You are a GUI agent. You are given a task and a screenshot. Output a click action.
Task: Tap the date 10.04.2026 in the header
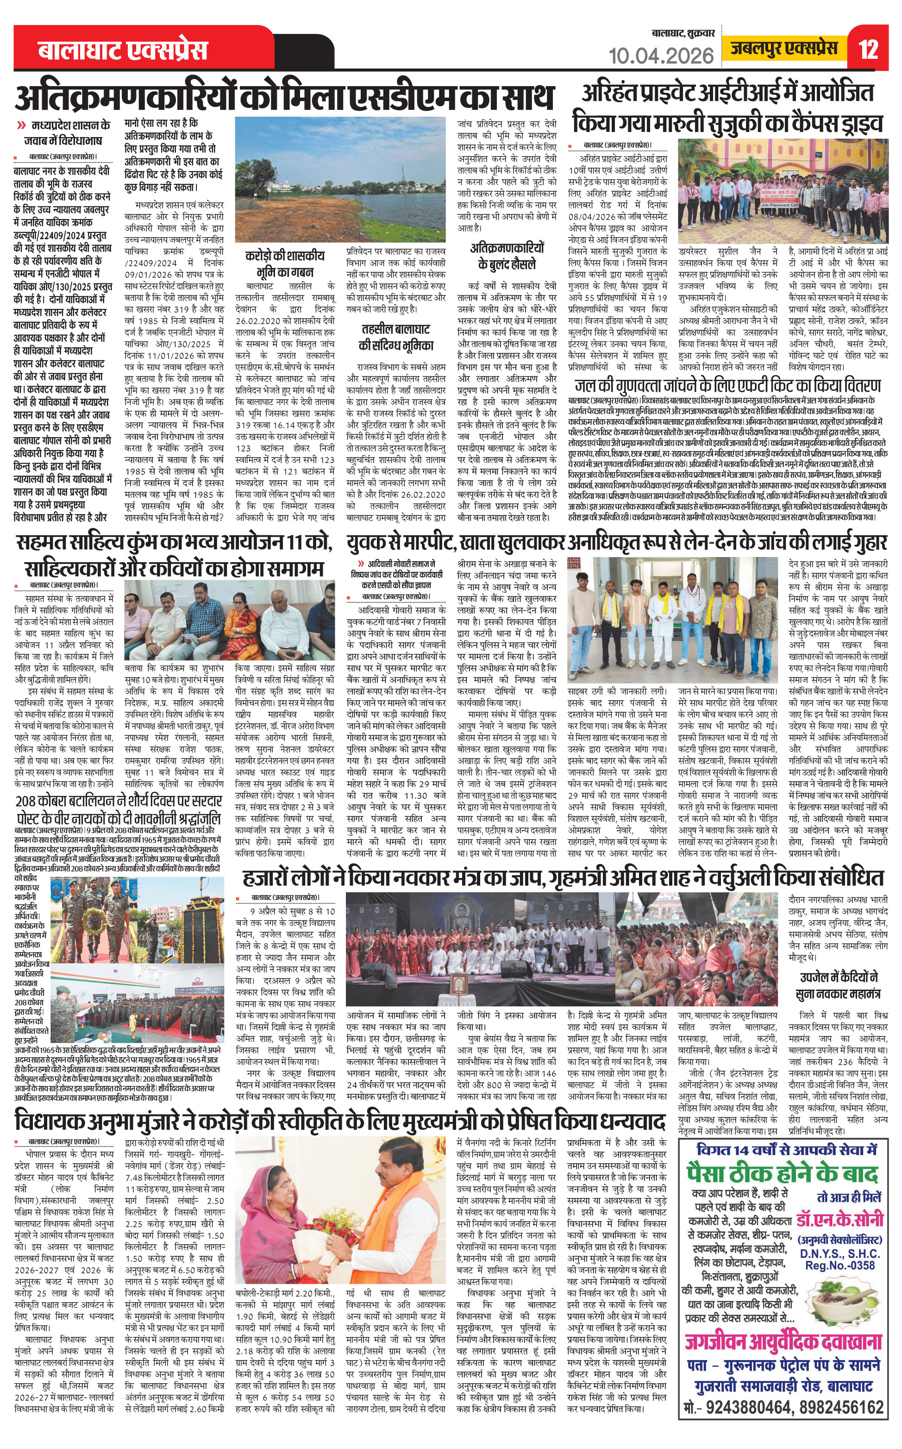pyautogui.click(x=661, y=56)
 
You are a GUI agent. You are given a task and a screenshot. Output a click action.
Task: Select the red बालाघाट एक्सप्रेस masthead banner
pyautogui.click(x=123, y=50)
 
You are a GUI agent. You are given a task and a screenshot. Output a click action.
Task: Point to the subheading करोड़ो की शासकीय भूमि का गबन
pyautogui.click(x=285, y=263)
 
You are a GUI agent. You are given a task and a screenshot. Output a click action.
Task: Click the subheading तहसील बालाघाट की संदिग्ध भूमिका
pyautogui.click(x=395, y=337)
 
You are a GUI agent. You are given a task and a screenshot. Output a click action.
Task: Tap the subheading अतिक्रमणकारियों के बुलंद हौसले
pyautogui.click(x=507, y=256)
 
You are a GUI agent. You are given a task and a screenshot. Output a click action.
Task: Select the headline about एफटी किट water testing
pyautogui.click(x=727, y=385)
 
